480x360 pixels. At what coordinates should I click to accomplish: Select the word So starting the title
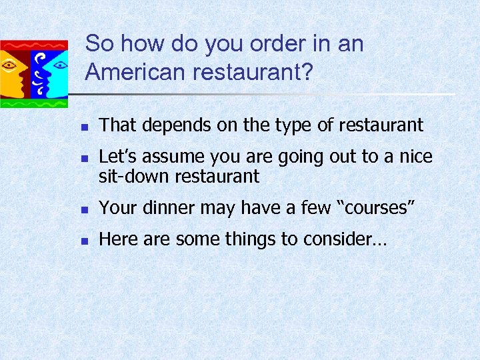tap(100, 43)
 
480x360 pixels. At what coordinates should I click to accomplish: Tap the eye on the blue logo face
tap(59, 65)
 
